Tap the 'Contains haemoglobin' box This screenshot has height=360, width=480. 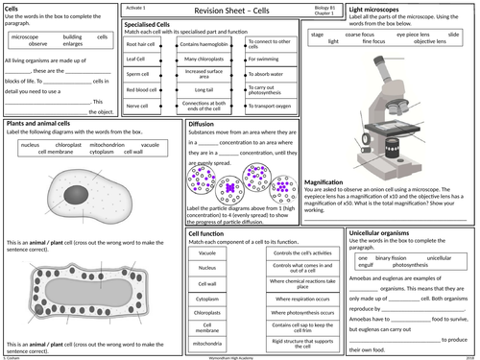coord(203,44)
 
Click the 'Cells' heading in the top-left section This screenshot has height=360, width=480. coord(13,9)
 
